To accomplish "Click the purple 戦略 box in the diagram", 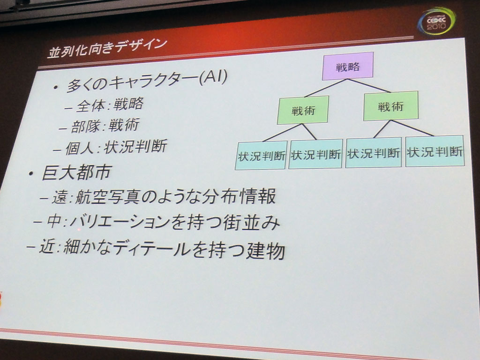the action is [347, 66].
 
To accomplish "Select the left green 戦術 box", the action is [303, 110].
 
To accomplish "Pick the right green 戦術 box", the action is [390, 106].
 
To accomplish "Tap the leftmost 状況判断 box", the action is [261, 155].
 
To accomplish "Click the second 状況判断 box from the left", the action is [315, 154].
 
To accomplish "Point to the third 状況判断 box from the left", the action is [374, 152].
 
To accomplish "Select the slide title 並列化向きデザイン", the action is [107, 48].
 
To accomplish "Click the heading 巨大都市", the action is [76, 172].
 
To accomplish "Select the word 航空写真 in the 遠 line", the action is [108, 196].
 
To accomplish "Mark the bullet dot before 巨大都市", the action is [30, 174].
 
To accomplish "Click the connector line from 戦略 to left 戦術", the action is [326, 88].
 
